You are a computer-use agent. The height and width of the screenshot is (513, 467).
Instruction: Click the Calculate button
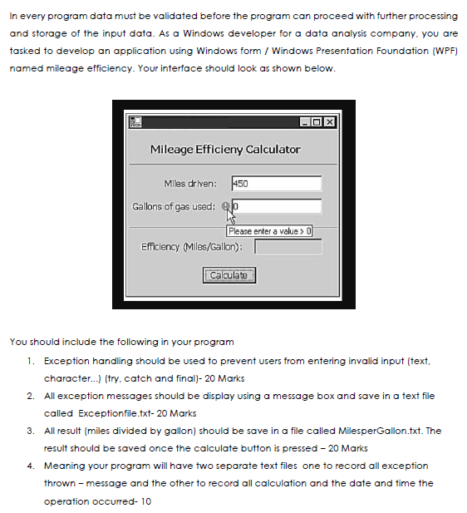click(229, 275)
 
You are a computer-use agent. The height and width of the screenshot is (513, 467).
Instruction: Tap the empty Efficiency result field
click(288, 247)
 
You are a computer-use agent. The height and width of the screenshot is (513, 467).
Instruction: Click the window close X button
click(330, 123)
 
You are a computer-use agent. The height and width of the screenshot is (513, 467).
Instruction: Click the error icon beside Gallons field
click(224, 205)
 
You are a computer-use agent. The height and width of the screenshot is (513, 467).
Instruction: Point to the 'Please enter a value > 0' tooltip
click(269, 231)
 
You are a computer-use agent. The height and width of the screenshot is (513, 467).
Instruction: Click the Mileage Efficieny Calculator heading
click(225, 150)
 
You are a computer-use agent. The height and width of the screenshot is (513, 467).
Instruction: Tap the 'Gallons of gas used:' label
click(174, 206)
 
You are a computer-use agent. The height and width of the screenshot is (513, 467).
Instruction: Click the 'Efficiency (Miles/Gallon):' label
click(192, 247)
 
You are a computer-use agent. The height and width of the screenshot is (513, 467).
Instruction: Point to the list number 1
click(29, 361)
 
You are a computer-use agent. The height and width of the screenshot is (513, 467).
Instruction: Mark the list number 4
click(29, 466)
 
